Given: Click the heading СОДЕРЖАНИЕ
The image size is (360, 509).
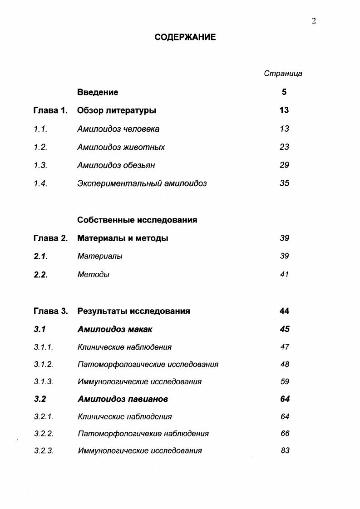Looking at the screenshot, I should (x=185, y=37).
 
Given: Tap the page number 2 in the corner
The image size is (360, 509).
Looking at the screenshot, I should (x=314, y=21).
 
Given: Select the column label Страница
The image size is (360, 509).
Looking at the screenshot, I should (x=283, y=74).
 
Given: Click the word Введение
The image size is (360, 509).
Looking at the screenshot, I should (x=98, y=92).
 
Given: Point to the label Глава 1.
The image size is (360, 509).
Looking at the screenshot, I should (x=50, y=110).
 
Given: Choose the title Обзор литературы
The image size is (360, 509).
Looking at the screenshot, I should (x=117, y=110).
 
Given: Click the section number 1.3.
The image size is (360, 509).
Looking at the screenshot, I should (x=40, y=165).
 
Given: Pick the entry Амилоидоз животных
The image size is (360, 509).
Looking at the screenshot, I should (x=121, y=147).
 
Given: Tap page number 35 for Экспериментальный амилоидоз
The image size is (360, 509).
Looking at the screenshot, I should (x=284, y=183).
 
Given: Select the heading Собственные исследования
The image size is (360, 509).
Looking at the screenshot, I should (x=137, y=220).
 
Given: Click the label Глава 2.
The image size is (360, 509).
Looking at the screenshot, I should (x=50, y=238).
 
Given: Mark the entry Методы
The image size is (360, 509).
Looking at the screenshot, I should (x=93, y=275).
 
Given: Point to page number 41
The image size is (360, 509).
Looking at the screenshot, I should (x=284, y=275).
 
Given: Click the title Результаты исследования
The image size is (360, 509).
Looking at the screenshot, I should (x=133, y=311).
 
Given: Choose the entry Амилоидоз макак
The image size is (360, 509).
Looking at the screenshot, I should (x=115, y=330).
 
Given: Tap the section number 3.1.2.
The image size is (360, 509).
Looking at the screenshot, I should (x=44, y=365).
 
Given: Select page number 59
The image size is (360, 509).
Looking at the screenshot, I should (x=285, y=382).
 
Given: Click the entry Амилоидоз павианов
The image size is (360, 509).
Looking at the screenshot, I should (x=123, y=400).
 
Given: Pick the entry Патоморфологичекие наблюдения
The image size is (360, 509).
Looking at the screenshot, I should (x=143, y=434).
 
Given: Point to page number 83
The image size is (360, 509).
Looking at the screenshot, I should (x=285, y=451).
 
